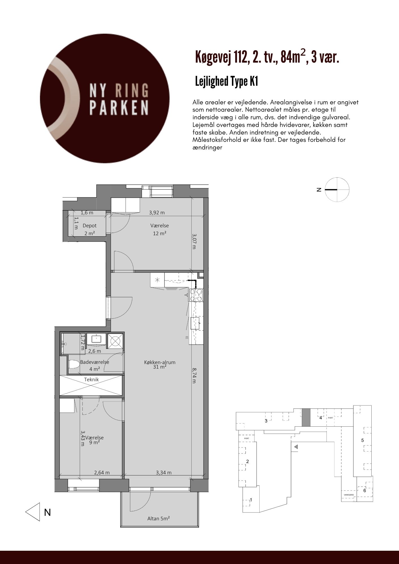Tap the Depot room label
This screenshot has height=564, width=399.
point(89,226)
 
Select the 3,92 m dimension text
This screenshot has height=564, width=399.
point(157,213)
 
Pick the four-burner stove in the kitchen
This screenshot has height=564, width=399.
point(196,295)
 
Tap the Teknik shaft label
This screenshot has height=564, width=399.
point(91,380)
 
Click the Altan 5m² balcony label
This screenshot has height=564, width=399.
point(159,518)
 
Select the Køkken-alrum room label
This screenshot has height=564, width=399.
point(160,362)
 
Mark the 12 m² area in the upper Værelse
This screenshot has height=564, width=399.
point(159,233)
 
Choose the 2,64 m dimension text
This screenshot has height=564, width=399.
point(102,473)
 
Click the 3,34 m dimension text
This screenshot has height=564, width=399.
point(164,473)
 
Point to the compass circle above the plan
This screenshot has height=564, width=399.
point(337,190)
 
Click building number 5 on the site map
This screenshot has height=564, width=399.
point(363,440)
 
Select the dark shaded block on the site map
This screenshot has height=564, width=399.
point(306,417)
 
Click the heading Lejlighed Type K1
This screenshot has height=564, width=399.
point(227,82)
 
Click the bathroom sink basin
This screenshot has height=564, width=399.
point(96,339)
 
